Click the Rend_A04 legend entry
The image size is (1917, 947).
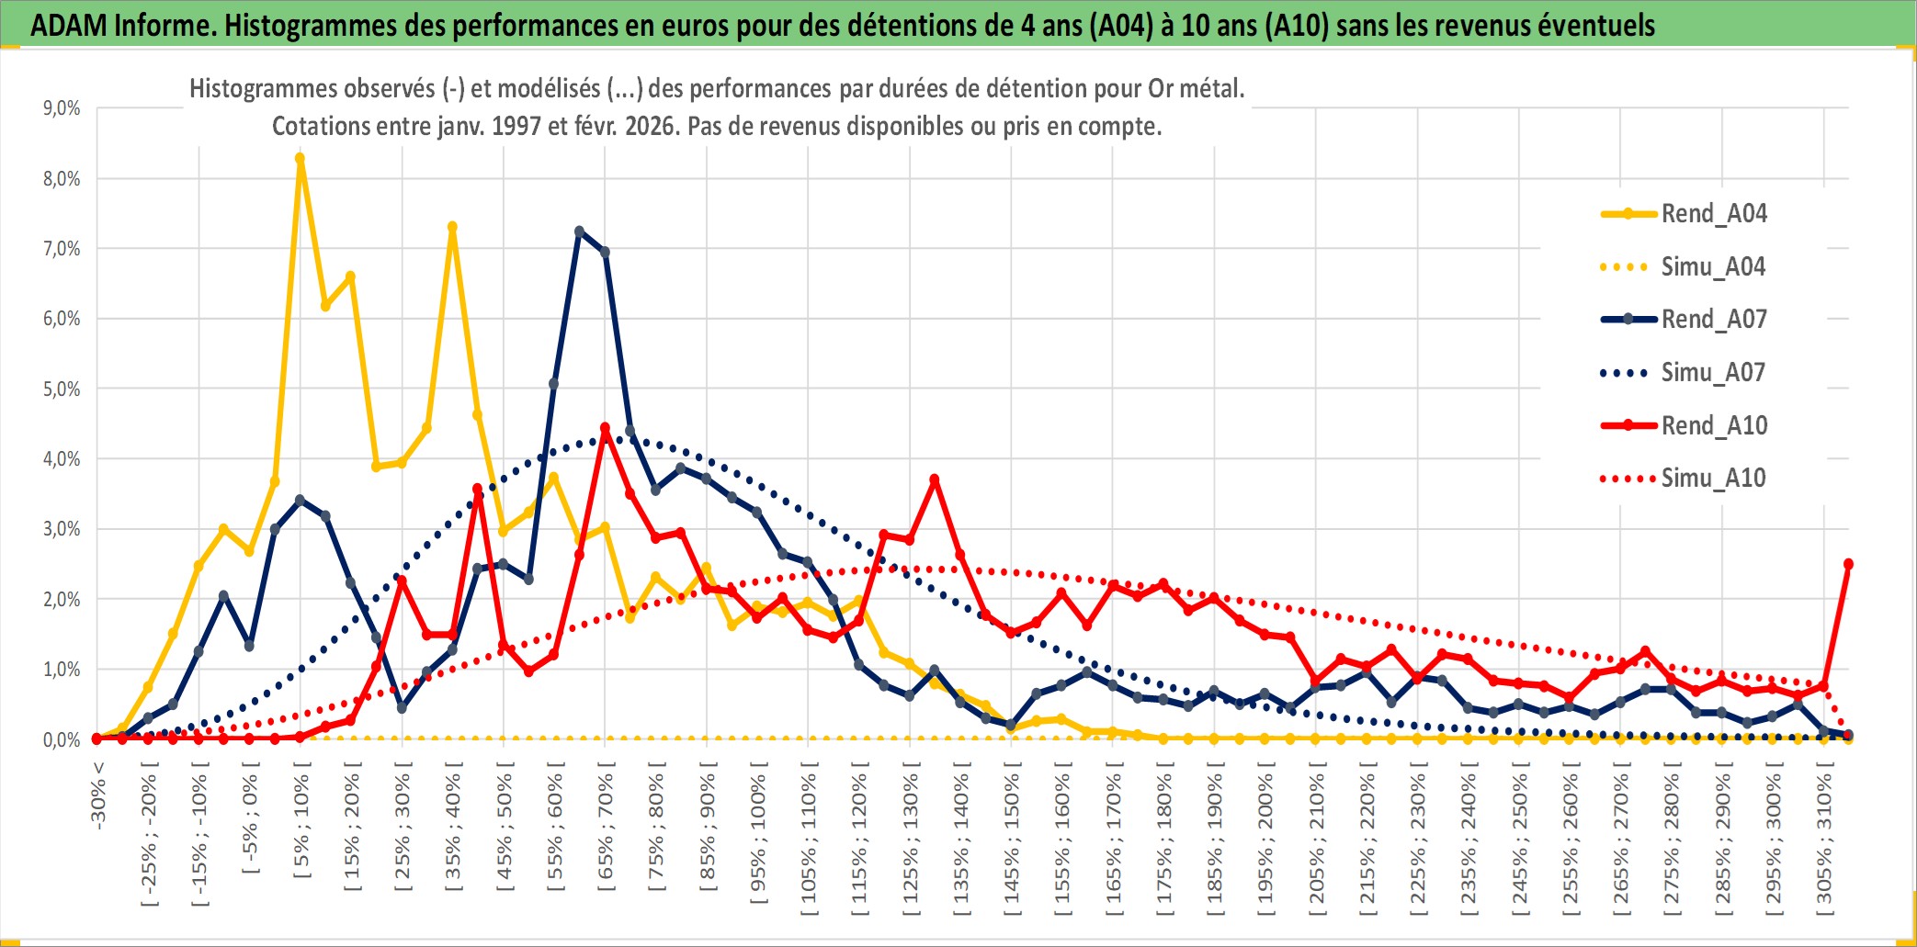point(1713,214)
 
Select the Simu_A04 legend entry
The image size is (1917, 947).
point(1713,267)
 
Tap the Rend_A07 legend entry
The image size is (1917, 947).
point(1713,320)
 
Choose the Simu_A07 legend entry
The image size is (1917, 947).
point(1713,373)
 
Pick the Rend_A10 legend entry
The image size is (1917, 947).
point(1713,426)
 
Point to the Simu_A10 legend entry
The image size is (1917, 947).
point(1713,479)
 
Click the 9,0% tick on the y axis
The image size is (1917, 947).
point(62,108)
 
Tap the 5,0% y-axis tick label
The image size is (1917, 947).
point(62,389)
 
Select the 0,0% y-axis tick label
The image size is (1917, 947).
point(62,739)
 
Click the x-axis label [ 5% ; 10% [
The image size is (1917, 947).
point(301,827)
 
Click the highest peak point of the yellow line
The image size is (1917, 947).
point(300,158)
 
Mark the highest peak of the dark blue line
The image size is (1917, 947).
point(579,231)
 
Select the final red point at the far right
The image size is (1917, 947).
point(1848,564)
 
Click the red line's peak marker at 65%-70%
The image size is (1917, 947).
point(605,428)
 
